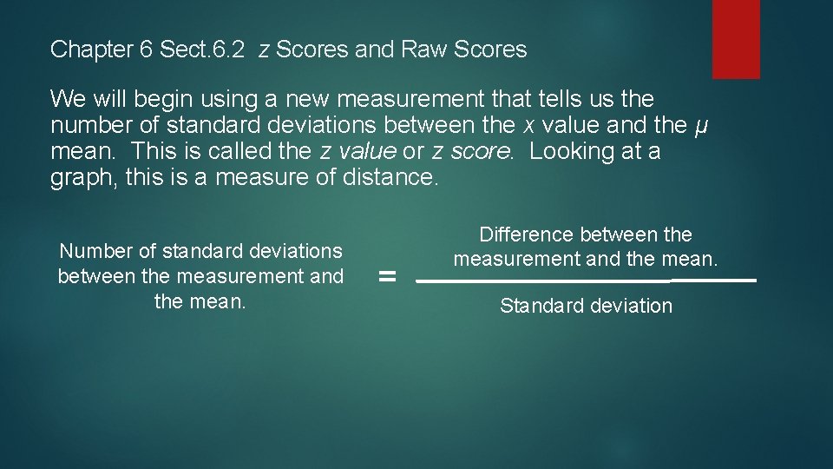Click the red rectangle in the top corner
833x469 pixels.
736,38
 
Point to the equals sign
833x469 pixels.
388,278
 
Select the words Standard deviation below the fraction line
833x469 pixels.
586,306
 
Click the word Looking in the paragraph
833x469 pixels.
574,151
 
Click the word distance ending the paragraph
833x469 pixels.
395,178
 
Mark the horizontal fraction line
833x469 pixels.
586,281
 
